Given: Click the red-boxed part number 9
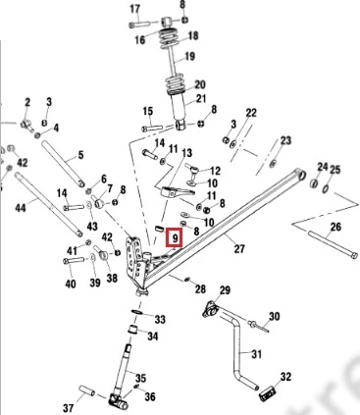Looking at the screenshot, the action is [176, 238].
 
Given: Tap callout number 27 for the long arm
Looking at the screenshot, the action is [239, 248].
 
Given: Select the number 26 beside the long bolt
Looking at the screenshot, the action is [335, 227].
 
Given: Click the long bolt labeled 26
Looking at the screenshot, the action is [333, 244].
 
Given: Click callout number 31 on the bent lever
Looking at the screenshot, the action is [257, 354].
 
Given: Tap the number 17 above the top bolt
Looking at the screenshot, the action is [134, 9].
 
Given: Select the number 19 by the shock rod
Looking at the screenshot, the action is [189, 56].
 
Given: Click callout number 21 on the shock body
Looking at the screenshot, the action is [201, 98].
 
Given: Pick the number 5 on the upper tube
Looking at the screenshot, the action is [80, 155].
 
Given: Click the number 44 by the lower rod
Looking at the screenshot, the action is [21, 208].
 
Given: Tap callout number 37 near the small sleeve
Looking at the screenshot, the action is [68, 408].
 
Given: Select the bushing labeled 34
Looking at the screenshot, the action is [132, 330].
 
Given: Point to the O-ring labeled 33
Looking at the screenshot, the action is [137, 312].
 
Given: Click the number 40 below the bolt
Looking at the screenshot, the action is [71, 284].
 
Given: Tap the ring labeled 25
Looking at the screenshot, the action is [326, 189].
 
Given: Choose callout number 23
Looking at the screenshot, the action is [285, 140].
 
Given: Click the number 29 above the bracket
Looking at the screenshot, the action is [225, 290].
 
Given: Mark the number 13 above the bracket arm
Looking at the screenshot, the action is [187, 153].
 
